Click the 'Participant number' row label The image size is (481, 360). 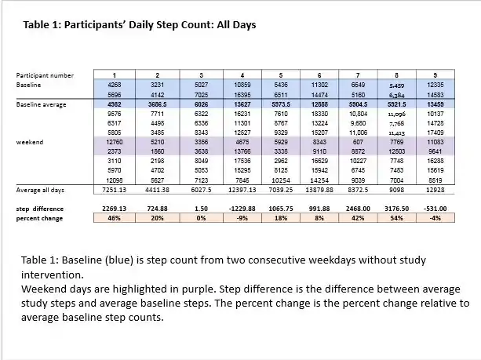[x=45, y=75]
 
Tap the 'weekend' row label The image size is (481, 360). [x=29, y=142]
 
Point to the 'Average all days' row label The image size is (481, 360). [x=39, y=190]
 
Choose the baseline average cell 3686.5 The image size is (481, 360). [x=157, y=104]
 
